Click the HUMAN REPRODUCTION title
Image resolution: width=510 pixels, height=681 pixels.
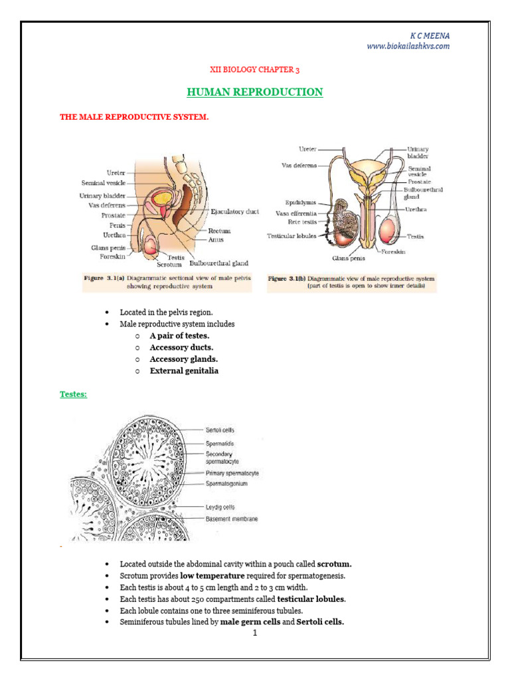point(255,92)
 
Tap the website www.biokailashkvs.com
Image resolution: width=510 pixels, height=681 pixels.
point(408,46)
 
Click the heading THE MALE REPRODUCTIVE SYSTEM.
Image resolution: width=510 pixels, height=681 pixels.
point(134,117)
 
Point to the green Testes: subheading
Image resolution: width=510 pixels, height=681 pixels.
point(73,394)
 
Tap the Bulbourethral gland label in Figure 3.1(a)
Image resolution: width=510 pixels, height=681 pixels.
point(221,263)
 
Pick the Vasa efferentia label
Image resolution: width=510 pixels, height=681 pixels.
point(296,213)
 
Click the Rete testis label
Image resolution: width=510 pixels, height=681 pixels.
point(301,223)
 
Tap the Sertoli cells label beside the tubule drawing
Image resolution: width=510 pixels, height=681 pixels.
point(220,431)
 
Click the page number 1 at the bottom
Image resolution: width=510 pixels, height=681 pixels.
point(254,632)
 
